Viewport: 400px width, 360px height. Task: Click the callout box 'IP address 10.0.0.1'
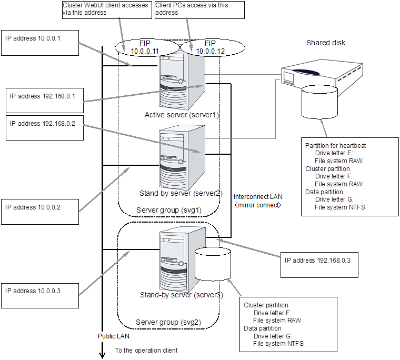click(40, 42)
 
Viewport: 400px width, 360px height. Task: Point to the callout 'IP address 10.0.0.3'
click(40, 294)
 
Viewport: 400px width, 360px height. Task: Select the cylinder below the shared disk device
click(319, 103)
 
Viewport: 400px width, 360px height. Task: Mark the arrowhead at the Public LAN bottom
click(102, 355)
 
